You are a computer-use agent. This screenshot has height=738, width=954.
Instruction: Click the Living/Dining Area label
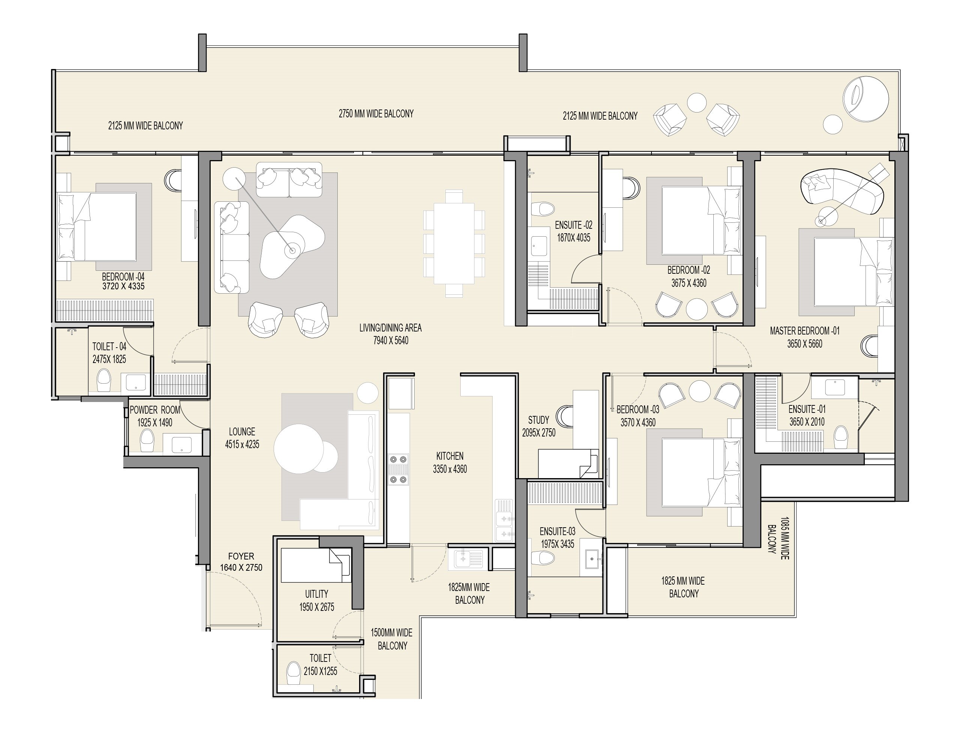tap(390, 328)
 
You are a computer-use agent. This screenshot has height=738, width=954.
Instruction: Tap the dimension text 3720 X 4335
tap(123, 286)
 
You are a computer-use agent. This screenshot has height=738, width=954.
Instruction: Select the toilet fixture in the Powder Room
tap(147, 441)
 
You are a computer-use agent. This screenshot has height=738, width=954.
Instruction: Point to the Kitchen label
tap(449, 456)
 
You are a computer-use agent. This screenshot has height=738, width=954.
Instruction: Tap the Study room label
tap(538, 420)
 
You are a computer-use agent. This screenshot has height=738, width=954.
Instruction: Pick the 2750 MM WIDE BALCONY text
tap(376, 114)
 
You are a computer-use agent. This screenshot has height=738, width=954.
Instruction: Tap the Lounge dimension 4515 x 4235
tap(242, 445)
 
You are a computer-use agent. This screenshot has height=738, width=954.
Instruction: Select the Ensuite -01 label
tap(807, 410)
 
